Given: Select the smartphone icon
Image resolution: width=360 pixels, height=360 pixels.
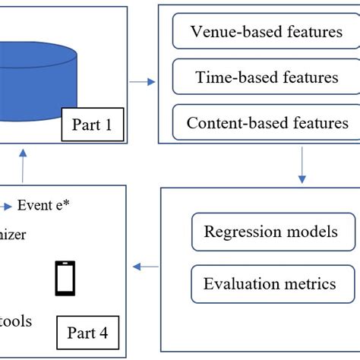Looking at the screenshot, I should pyautogui.click(x=65, y=278).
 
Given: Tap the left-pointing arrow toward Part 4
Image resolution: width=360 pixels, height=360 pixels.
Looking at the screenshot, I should pyautogui.click(x=146, y=267).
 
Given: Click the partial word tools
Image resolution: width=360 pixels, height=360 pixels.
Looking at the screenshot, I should pyautogui.click(x=16, y=321).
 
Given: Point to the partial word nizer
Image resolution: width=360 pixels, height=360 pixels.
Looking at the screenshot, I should pyautogui.click(x=13, y=235).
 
